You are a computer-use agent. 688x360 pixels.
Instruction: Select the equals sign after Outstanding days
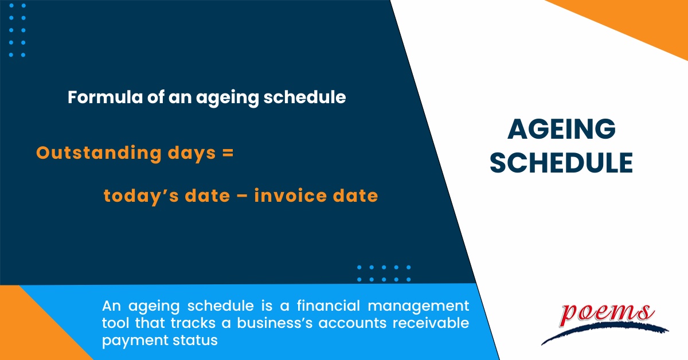tap(228, 153)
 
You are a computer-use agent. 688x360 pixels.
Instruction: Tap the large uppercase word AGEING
tap(561, 130)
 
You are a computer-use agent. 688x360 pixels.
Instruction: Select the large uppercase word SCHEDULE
tap(562, 163)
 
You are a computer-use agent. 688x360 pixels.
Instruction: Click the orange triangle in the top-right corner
tap(636, 20)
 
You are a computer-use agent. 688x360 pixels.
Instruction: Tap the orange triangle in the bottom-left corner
tap(29, 332)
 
